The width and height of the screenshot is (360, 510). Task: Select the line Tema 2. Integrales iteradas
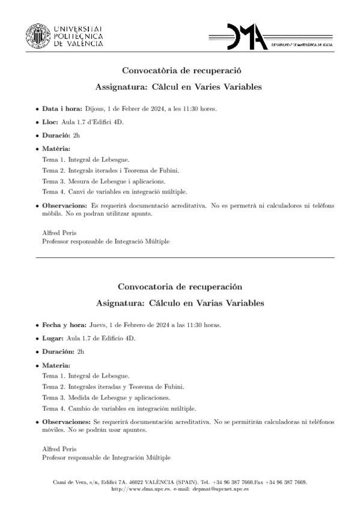click(x=113, y=386)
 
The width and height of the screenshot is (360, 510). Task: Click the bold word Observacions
click(x=64, y=205)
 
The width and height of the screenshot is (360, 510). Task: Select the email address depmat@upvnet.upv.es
click(x=219, y=489)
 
